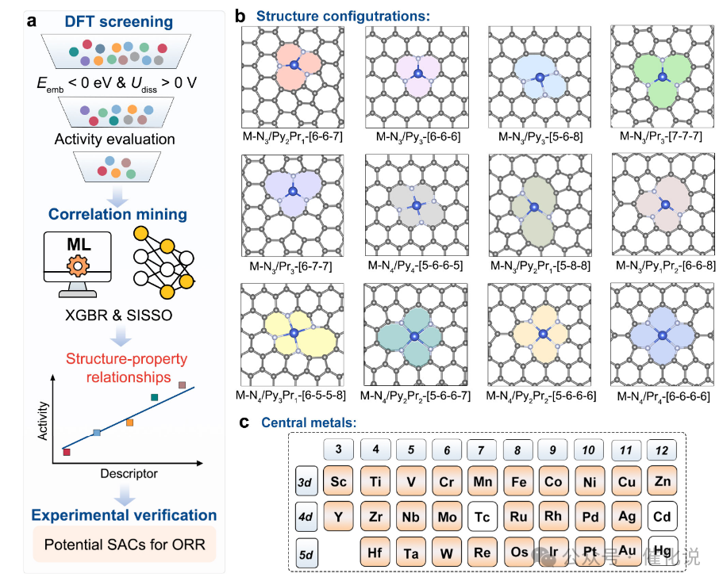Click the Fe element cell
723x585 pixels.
tap(519, 482)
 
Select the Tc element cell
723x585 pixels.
tap(483, 517)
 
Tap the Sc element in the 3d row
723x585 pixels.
tap(339, 482)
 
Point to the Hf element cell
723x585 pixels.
tap(375, 551)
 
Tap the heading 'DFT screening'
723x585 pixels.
tap(110, 21)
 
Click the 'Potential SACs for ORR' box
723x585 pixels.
tap(118, 545)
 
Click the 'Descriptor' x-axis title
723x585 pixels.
tap(128, 474)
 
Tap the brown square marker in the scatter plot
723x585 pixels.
tap(182, 385)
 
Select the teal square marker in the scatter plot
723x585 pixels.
tap(155, 396)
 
